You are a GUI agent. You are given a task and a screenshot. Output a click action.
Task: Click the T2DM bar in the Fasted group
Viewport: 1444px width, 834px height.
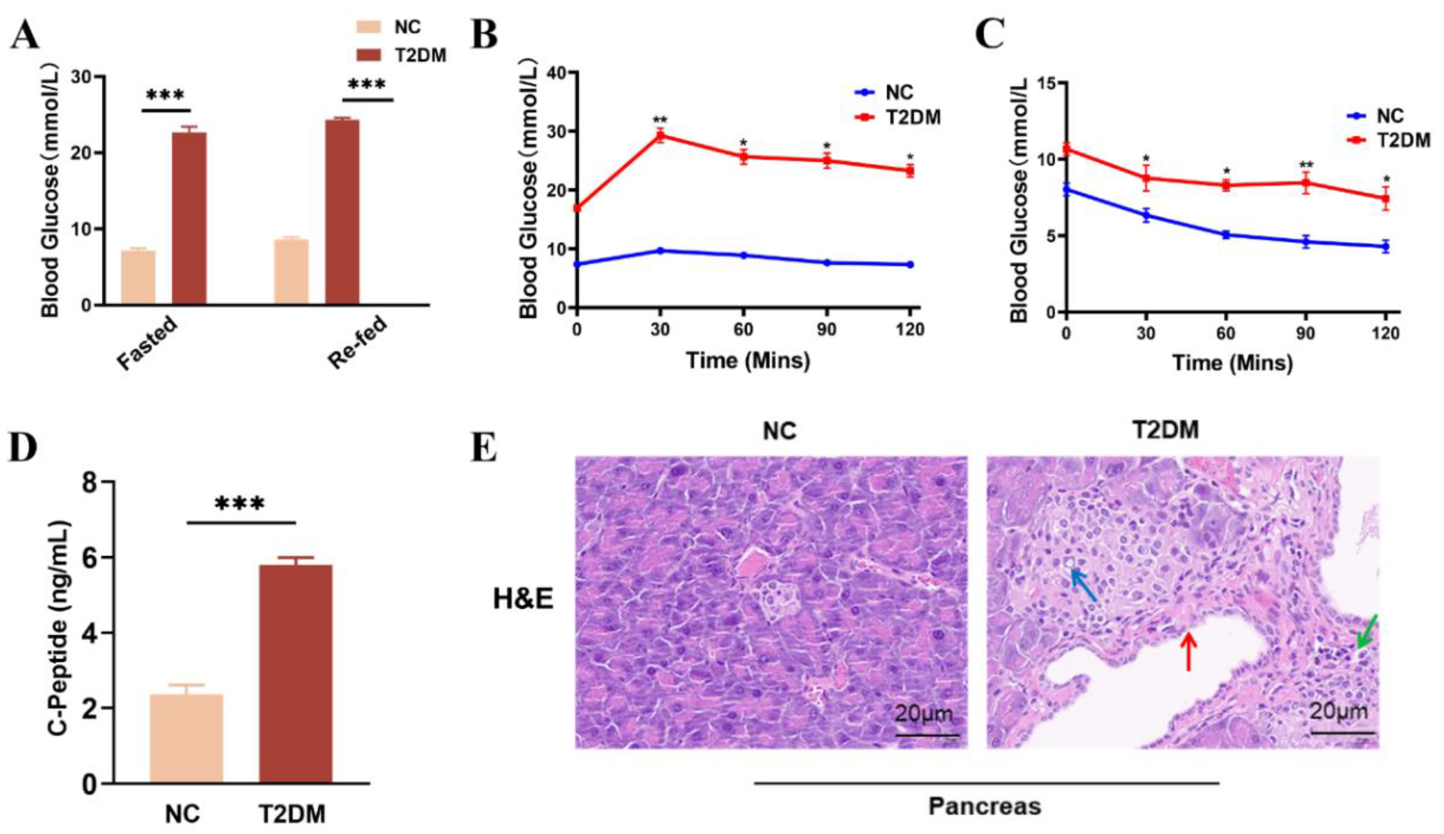click(x=189, y=218)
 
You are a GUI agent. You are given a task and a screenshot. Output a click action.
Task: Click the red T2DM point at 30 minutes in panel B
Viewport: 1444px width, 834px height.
click(x=660, y=136)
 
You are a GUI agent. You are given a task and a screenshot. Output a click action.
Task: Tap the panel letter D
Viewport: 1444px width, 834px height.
click(x=23, y=447)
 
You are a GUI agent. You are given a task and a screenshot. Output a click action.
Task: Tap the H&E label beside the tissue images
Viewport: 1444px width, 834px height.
click(x=523, y=600)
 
